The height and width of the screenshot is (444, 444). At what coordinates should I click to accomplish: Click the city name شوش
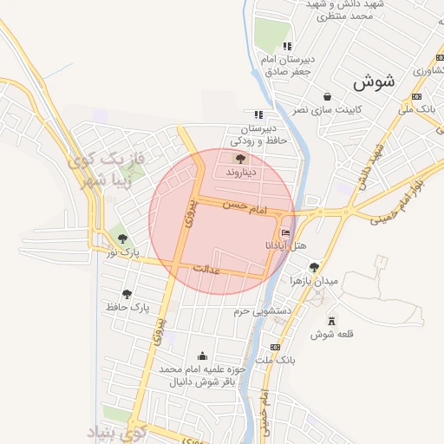[374, 82]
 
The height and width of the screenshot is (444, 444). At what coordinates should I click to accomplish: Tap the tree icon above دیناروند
[240, 159]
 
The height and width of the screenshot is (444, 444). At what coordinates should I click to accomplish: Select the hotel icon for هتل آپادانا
[285, 232]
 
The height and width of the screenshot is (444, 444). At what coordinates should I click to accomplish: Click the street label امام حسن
[244, 206]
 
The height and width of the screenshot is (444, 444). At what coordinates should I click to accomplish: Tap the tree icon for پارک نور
[122, 237]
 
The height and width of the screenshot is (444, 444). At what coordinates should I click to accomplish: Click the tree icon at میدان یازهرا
[313, 267]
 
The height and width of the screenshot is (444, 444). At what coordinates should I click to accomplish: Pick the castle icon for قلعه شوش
[329, 321]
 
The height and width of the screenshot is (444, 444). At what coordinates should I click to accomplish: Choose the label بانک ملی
[416, 110]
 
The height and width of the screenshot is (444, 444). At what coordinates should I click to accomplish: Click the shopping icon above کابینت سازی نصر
[327, 97]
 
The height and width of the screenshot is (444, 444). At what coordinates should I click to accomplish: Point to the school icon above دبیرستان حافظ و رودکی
[258, 114]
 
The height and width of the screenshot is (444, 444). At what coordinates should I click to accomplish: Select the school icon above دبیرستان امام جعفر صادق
[287, 46]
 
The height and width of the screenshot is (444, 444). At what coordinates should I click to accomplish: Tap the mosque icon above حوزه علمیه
[203, 356]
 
